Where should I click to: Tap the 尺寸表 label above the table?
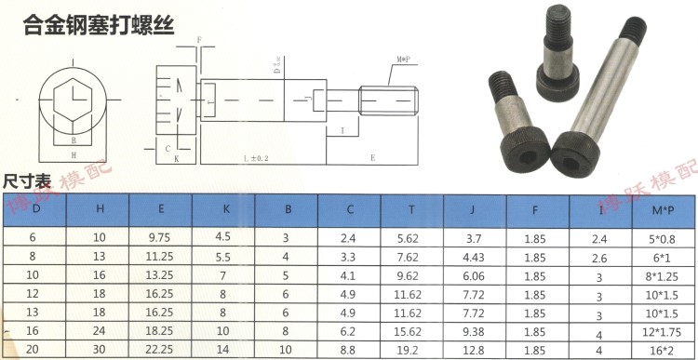(x=26, y=183)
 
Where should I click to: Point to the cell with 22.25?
(x=162, y=349)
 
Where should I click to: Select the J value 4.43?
(x=474, y=256)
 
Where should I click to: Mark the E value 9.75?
(x=162, y=238)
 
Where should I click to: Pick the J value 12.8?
(x=474, y=349)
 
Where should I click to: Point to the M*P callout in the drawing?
(x=403, y=60)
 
